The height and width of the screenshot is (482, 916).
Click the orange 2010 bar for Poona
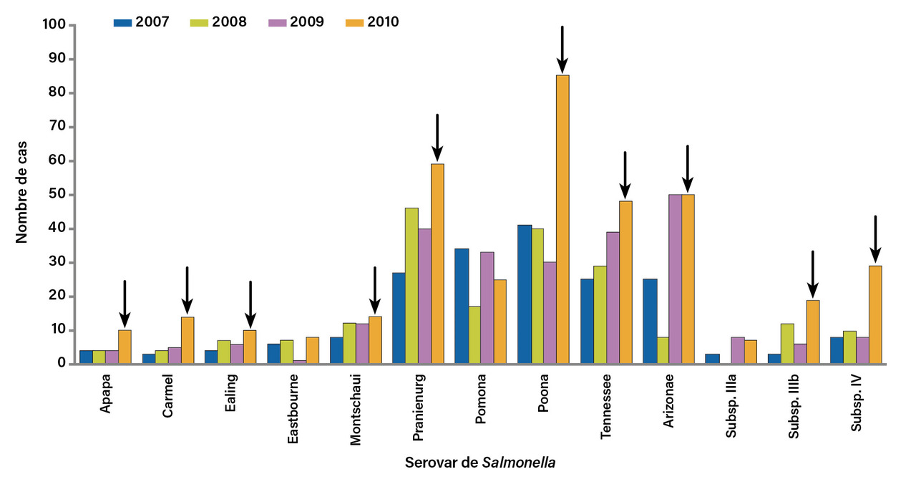(x=562, y=219)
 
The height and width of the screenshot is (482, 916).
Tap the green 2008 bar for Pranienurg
(x=411, y=286)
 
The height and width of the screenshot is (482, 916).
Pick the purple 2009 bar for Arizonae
(x=674, y=279)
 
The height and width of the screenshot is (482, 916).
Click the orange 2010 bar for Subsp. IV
(x=875, y=314)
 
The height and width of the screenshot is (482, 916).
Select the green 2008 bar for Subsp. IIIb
(x=787, y=344)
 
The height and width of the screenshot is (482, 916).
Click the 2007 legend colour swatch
(x=123, y=22)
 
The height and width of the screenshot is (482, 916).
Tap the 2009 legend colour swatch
(x=278, y=22)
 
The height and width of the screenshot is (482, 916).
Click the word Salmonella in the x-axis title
(x=519, y=463)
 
